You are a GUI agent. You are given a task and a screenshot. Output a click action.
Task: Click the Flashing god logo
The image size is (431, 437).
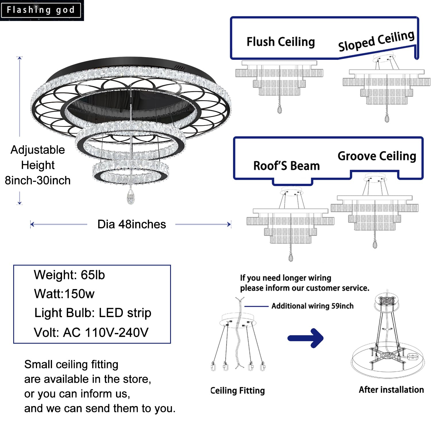pyautogui.click(x=41, y=10)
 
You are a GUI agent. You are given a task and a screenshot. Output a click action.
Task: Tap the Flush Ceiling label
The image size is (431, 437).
pyautogui.click(x=281, y=42)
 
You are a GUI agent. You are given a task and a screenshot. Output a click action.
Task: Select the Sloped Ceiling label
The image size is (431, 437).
pyautogui.click(x=376, y=41)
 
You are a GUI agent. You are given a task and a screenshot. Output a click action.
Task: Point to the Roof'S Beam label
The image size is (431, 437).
pyautogui.click(x=286, y=166)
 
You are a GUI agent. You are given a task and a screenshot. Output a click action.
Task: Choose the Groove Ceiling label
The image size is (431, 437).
pyautogui.click(x=377, y=156)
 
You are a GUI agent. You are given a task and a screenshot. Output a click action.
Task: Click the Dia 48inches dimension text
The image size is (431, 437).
pyautogui.click(x=132, y=224)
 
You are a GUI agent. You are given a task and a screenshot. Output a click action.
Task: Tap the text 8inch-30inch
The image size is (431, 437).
pyautogui.click(x=38, y=180)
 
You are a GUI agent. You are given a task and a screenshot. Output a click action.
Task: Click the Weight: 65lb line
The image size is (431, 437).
pyautogui.click(x=69, y=275)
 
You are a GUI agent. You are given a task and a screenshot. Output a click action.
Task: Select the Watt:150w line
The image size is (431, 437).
pyautogui.click(x=64, y=294)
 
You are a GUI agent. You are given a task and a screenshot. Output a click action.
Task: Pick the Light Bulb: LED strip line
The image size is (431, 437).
pyautogui.click(x=93, y=313)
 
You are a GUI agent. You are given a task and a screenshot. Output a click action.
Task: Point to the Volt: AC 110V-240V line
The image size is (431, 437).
pyautogui.click(x=91, y=332)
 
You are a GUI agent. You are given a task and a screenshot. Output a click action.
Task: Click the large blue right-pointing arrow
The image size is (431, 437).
pyautogui.click(x=306, y=338)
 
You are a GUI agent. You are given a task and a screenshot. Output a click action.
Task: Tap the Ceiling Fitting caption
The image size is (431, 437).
pyautogui.click(x=238, y=390)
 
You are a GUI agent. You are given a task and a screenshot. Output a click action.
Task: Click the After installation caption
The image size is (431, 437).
pyautogui.click(x=391, y=390)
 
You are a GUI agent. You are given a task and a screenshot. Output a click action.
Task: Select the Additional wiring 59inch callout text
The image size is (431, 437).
pyautogui.click(x=312, y=306)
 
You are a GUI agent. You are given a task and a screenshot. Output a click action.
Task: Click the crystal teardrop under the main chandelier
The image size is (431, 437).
pyautogui.click(x=131, y=197)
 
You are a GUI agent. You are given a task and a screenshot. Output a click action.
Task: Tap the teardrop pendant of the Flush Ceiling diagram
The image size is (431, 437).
pyautogui.click(x=279, y=109)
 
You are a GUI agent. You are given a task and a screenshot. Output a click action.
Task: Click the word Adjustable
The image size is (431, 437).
pyautogui.click(x=38, y=150)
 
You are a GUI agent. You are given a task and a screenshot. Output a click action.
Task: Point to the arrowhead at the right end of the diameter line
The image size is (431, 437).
pyautogui.click(x=229, y=224)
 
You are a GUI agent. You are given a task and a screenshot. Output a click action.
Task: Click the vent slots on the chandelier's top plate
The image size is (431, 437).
pyautogui.click(x=180, y=68)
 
